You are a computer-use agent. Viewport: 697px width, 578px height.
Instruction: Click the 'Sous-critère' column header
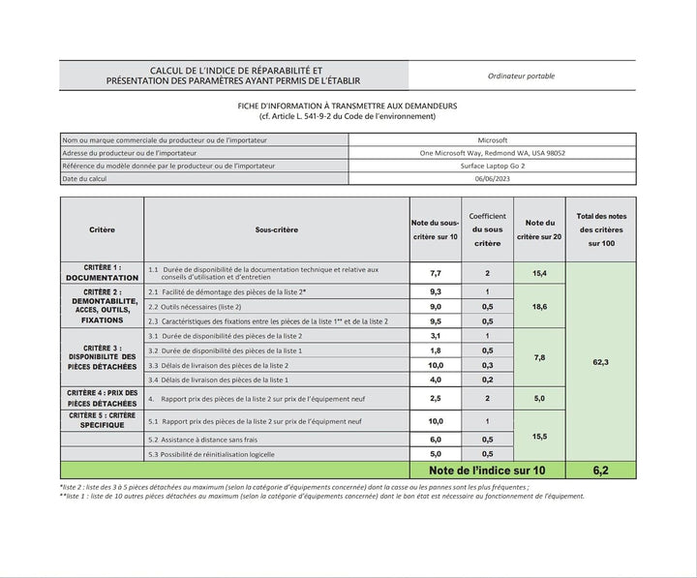pos(277,229)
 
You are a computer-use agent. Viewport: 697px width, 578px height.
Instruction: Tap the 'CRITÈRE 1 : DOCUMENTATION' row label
pos(103,272)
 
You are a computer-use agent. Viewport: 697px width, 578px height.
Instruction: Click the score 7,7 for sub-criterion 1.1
pos(436,274)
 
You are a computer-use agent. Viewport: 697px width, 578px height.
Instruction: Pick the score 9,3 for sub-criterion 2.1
pos(436,291)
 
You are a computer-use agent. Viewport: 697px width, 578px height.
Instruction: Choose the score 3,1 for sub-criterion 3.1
pos(436,336)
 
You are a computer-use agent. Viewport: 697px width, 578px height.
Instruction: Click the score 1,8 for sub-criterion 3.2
pos(436,350)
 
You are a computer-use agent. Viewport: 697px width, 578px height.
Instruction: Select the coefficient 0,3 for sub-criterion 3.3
pos(487,365)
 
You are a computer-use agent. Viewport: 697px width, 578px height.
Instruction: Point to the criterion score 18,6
pos(539,306)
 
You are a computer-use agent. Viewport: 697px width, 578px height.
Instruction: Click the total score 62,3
pos(600,361)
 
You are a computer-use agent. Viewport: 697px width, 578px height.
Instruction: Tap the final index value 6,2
pos(600,471)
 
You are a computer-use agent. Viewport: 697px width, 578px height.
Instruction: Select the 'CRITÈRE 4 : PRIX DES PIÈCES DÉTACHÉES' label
pos(103,398)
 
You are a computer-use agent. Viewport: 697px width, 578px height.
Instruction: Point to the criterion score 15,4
pos(539,274)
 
